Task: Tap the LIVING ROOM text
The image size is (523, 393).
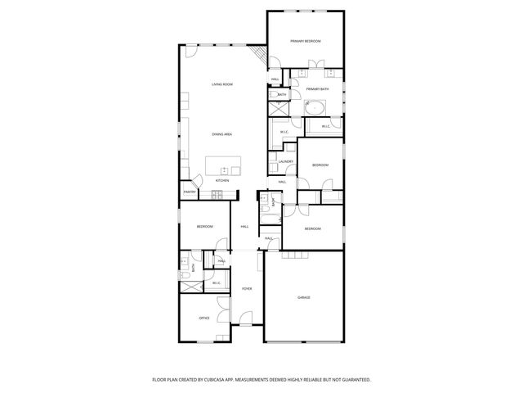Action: [222, 84]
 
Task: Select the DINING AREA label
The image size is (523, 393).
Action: [222, 134]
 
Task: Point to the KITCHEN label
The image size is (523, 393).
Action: [222, 180]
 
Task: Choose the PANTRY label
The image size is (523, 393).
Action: [189, 192]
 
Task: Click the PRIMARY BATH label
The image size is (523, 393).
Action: [318, 88]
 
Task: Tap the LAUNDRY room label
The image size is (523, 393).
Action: [285, 161]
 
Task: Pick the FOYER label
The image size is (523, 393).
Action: [246, 289]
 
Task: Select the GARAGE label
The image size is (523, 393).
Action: [304, 297]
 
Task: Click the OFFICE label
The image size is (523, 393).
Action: [204, 318]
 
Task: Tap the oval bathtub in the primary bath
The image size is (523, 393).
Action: [315, 106]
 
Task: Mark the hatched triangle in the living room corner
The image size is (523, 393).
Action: [261, 56]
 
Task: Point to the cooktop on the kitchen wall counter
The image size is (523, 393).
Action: [217, 194]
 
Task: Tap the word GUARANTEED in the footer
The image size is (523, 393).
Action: [356, 380]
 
